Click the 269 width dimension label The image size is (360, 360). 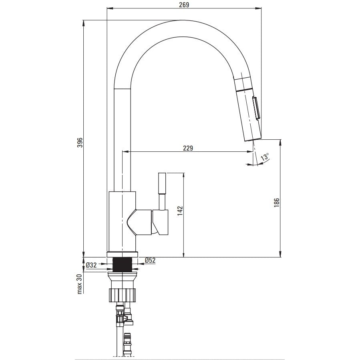(184, 4)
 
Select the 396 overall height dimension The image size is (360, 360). (80, 143)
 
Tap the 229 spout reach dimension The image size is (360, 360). (188, 148)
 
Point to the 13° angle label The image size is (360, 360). (265, 157)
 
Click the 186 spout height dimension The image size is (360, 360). (277, 203)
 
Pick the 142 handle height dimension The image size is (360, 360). (180, 211)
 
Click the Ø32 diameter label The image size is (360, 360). (91, 265)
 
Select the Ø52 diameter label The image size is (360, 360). (151, 260)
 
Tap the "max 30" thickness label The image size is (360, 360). (80, 284)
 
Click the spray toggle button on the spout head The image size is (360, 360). (256, 108)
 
